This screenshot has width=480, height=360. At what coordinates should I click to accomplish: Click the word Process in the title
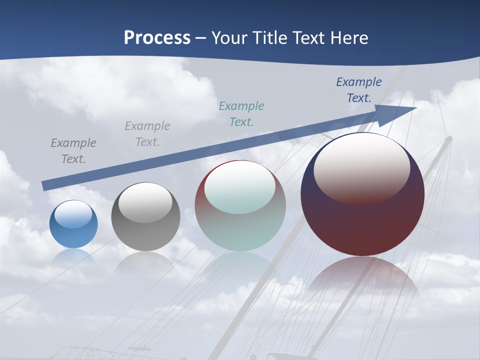coord(157,38)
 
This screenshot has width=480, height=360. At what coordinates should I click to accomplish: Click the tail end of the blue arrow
coord(45,185)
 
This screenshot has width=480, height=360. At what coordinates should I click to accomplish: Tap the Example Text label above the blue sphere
coord(73,151)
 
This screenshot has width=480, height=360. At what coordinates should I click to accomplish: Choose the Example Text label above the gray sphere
coord(147,134)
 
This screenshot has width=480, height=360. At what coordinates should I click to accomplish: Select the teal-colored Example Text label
coord(241,114)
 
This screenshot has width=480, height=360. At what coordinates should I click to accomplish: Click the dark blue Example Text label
coord(359,90)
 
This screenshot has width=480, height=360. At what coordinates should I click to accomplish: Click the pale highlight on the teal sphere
coord(240,186)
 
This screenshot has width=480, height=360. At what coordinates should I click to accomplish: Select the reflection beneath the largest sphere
coord(362,277)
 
